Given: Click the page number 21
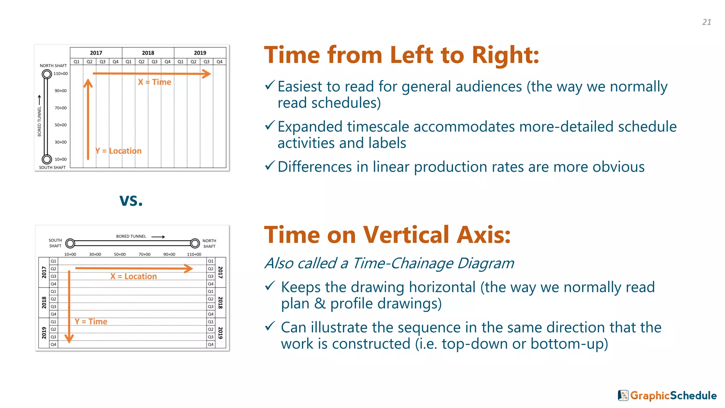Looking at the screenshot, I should (x=707, y=22).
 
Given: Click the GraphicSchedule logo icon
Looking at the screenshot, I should (x=623, y=395).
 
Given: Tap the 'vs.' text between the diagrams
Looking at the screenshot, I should (x=131, y=200).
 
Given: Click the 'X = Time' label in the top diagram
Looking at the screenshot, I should (x=155, y=82).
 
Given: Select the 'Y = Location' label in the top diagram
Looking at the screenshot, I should (x=118, y=151).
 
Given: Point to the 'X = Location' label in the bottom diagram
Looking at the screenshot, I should (x=133, y=276).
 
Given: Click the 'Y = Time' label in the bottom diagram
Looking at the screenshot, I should (x=91, y=322).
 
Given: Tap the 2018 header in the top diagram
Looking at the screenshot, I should (x=148, y=53).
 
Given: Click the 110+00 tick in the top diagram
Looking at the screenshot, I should (x=61, y=74).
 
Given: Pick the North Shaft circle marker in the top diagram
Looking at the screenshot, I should (x=47, y=74).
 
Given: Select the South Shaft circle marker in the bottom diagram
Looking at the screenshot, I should (x=70, y=243).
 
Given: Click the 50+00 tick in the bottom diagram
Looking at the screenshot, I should (x=120, y=254).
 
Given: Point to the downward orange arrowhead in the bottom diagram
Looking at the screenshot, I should (x=69, y=338).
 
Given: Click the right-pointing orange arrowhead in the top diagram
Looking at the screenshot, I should (x=206, y=74).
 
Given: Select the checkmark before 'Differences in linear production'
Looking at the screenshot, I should (x=270, y=165).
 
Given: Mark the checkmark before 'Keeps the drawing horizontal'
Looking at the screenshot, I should (x=270, y=286).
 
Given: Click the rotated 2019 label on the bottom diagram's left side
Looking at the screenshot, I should (x=44, y=333).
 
